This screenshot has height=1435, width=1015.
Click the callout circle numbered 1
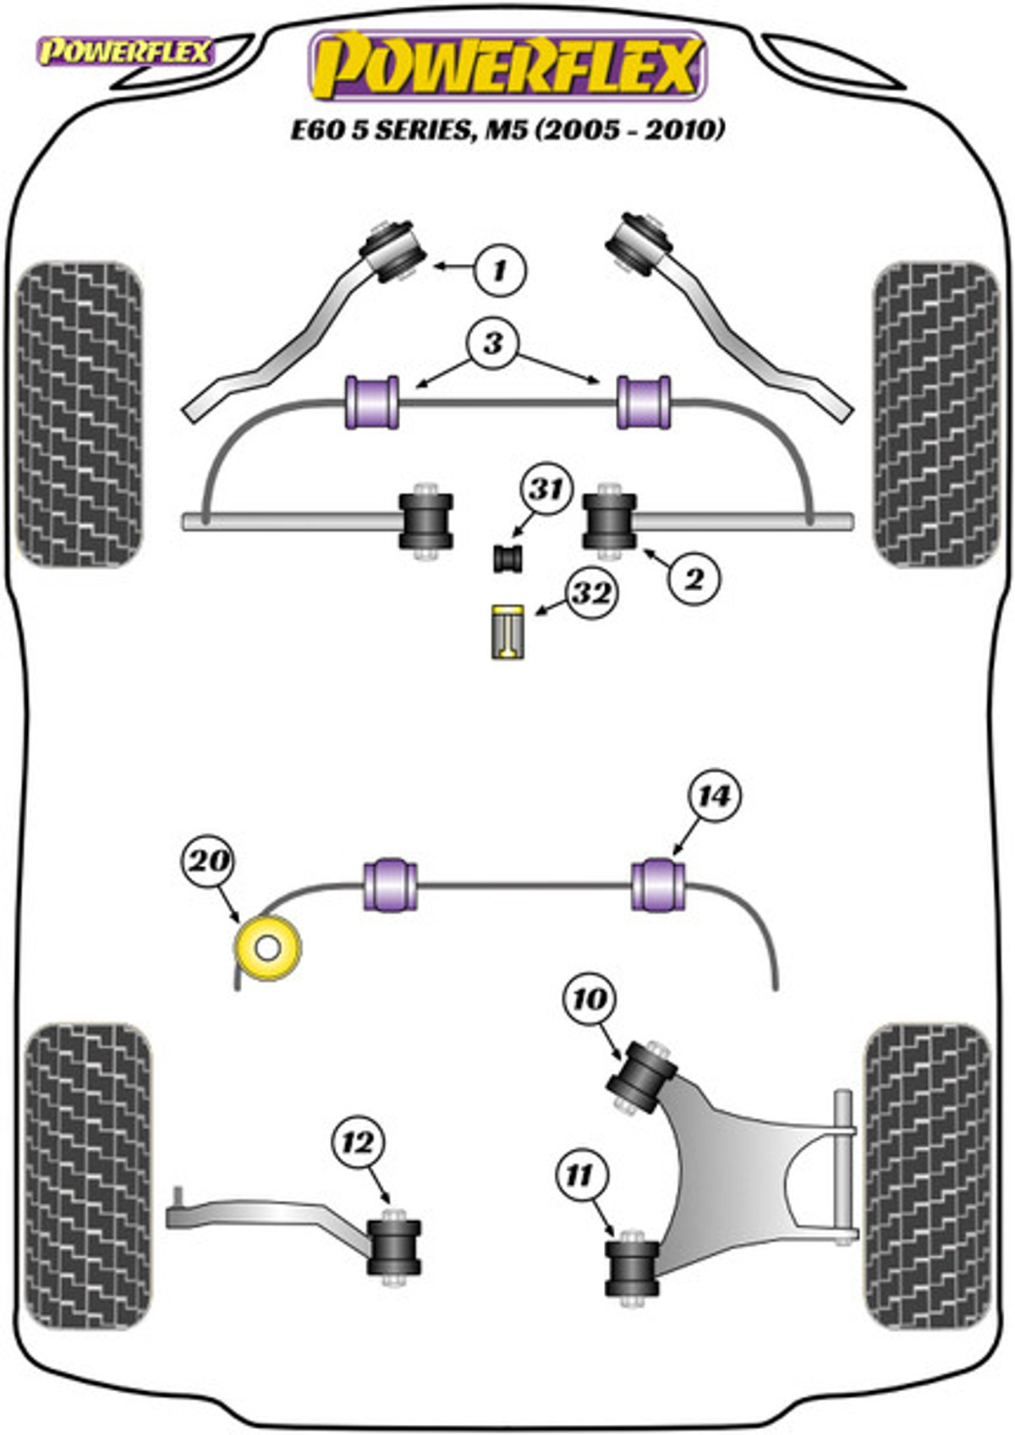[500, 270]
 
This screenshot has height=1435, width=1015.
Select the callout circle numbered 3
[493, 344]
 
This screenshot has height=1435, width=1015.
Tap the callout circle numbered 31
[546, 490]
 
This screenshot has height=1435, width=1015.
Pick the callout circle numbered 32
[591, 594]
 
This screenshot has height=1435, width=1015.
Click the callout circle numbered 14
[715, 797]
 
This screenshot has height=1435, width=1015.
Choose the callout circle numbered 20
[210, 860]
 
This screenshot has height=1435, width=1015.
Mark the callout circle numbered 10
[590, 999]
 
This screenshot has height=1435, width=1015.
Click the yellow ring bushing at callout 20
[267, 947]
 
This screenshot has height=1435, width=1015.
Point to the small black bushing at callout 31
[507, 557]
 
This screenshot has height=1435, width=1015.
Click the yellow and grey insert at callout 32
[507, 633]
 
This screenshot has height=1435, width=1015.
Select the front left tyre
[80, 415]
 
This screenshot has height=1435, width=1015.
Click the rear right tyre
[928, 1179]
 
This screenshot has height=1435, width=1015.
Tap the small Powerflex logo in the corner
[125, 52]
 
